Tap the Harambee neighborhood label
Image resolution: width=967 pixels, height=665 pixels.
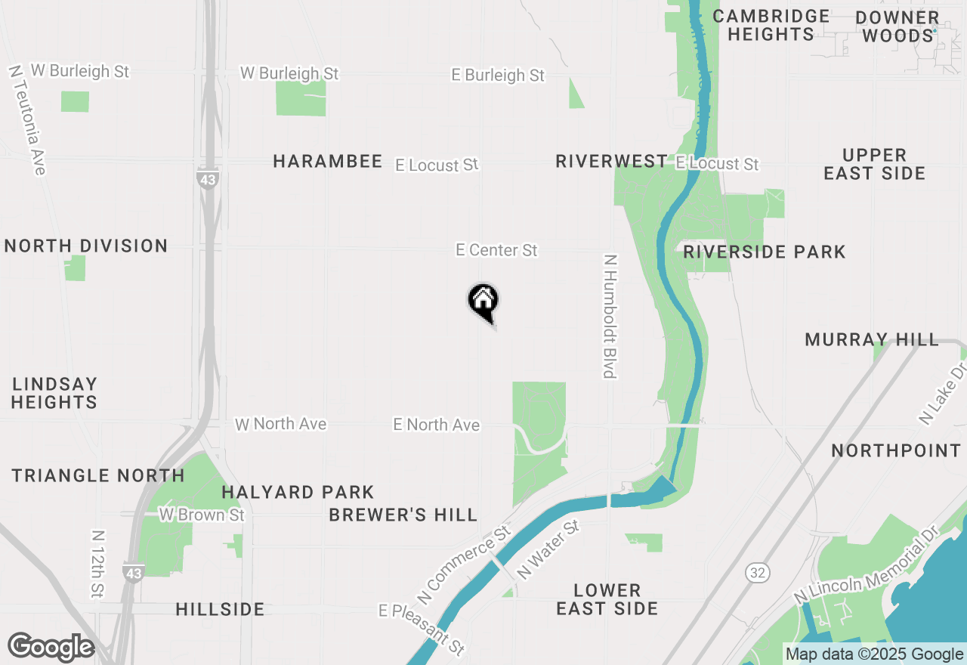327,161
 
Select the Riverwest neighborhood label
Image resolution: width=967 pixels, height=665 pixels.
611,161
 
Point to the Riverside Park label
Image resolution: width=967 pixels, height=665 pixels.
764,252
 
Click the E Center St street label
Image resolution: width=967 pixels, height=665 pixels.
496,250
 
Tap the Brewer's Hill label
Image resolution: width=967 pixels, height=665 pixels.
403,515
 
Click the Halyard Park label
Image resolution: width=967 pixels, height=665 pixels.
298,493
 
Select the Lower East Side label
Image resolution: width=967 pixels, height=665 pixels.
607,599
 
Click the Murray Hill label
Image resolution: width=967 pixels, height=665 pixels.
872,340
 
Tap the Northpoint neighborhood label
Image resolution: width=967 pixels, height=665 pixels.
896,451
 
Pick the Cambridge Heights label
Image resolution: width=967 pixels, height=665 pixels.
771,25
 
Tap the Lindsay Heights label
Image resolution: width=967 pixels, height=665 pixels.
54,393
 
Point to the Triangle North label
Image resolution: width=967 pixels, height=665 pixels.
98,475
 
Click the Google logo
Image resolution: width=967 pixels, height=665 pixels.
51,648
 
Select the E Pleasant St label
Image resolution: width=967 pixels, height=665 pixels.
422,629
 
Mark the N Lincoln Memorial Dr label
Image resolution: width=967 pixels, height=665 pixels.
860,565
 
